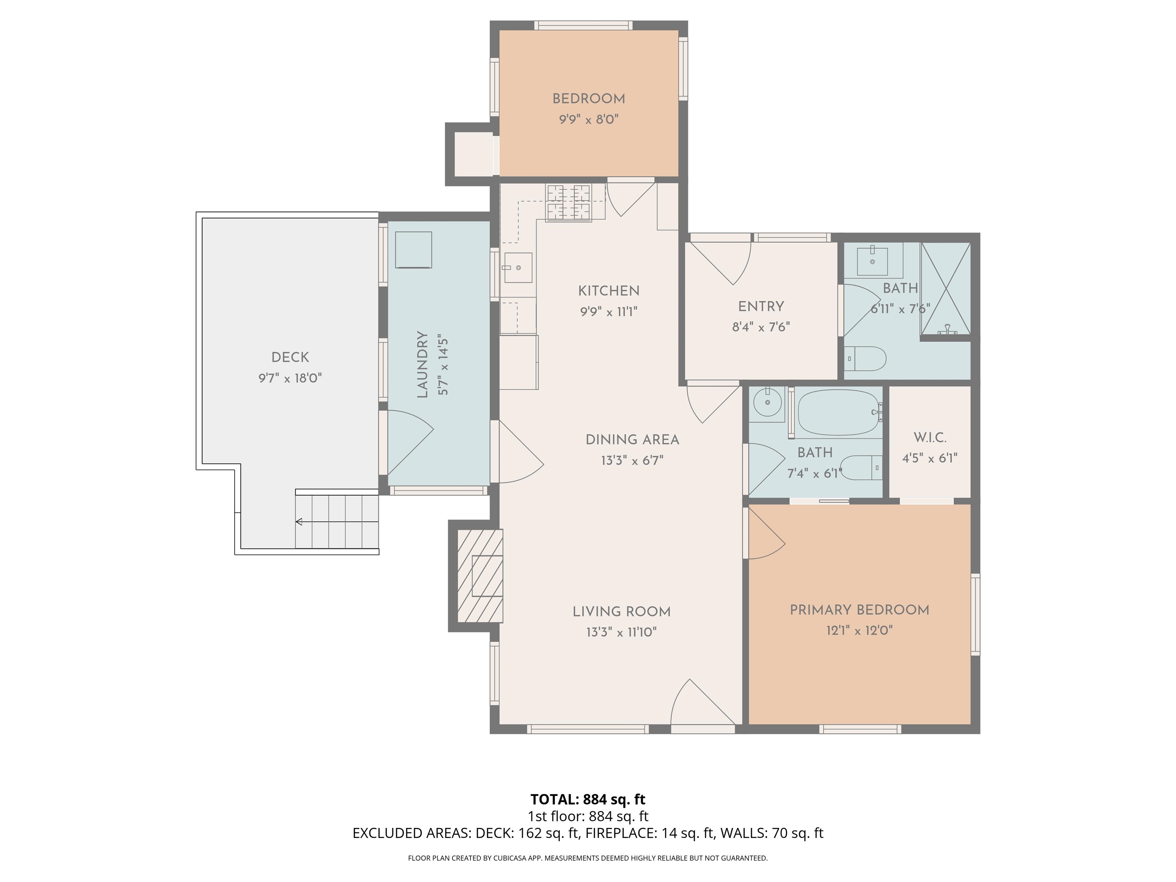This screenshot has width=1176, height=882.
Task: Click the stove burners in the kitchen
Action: click(568, 203)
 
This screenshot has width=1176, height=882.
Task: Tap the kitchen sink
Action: click(518, 268)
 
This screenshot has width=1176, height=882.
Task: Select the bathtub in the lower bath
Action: click(836, 413)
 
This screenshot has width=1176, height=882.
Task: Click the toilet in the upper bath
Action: click(866, 359)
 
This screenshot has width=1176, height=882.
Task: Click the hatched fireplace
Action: click(480, 575)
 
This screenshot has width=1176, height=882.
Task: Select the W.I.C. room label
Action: click(930, 438)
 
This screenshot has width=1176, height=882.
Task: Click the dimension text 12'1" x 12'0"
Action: click(859, 630)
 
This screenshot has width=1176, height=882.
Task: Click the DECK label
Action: click(290, 357)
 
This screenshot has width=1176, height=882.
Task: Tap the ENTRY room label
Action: click(761, 306)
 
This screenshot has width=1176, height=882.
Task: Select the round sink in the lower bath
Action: click(767, 402)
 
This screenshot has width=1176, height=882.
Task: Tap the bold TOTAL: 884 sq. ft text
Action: click(588, 799)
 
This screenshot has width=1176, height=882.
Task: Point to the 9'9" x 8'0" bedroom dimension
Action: click(588, 119)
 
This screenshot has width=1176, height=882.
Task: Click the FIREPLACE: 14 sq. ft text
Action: click(649, 833)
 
